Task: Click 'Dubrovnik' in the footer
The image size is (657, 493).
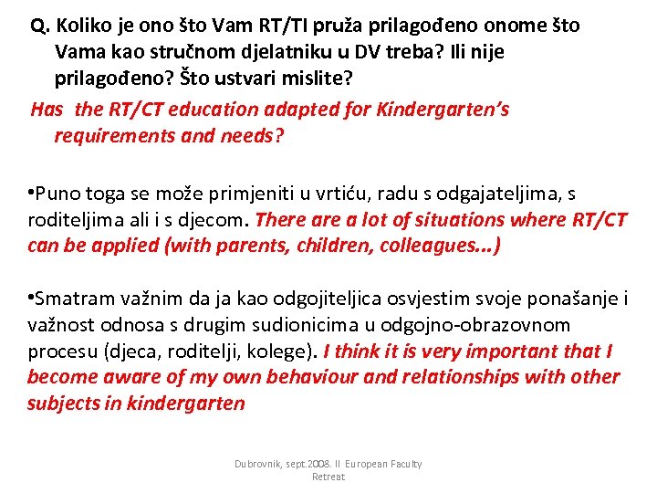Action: point(259,465)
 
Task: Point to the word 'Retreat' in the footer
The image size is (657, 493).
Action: point(328,477)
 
